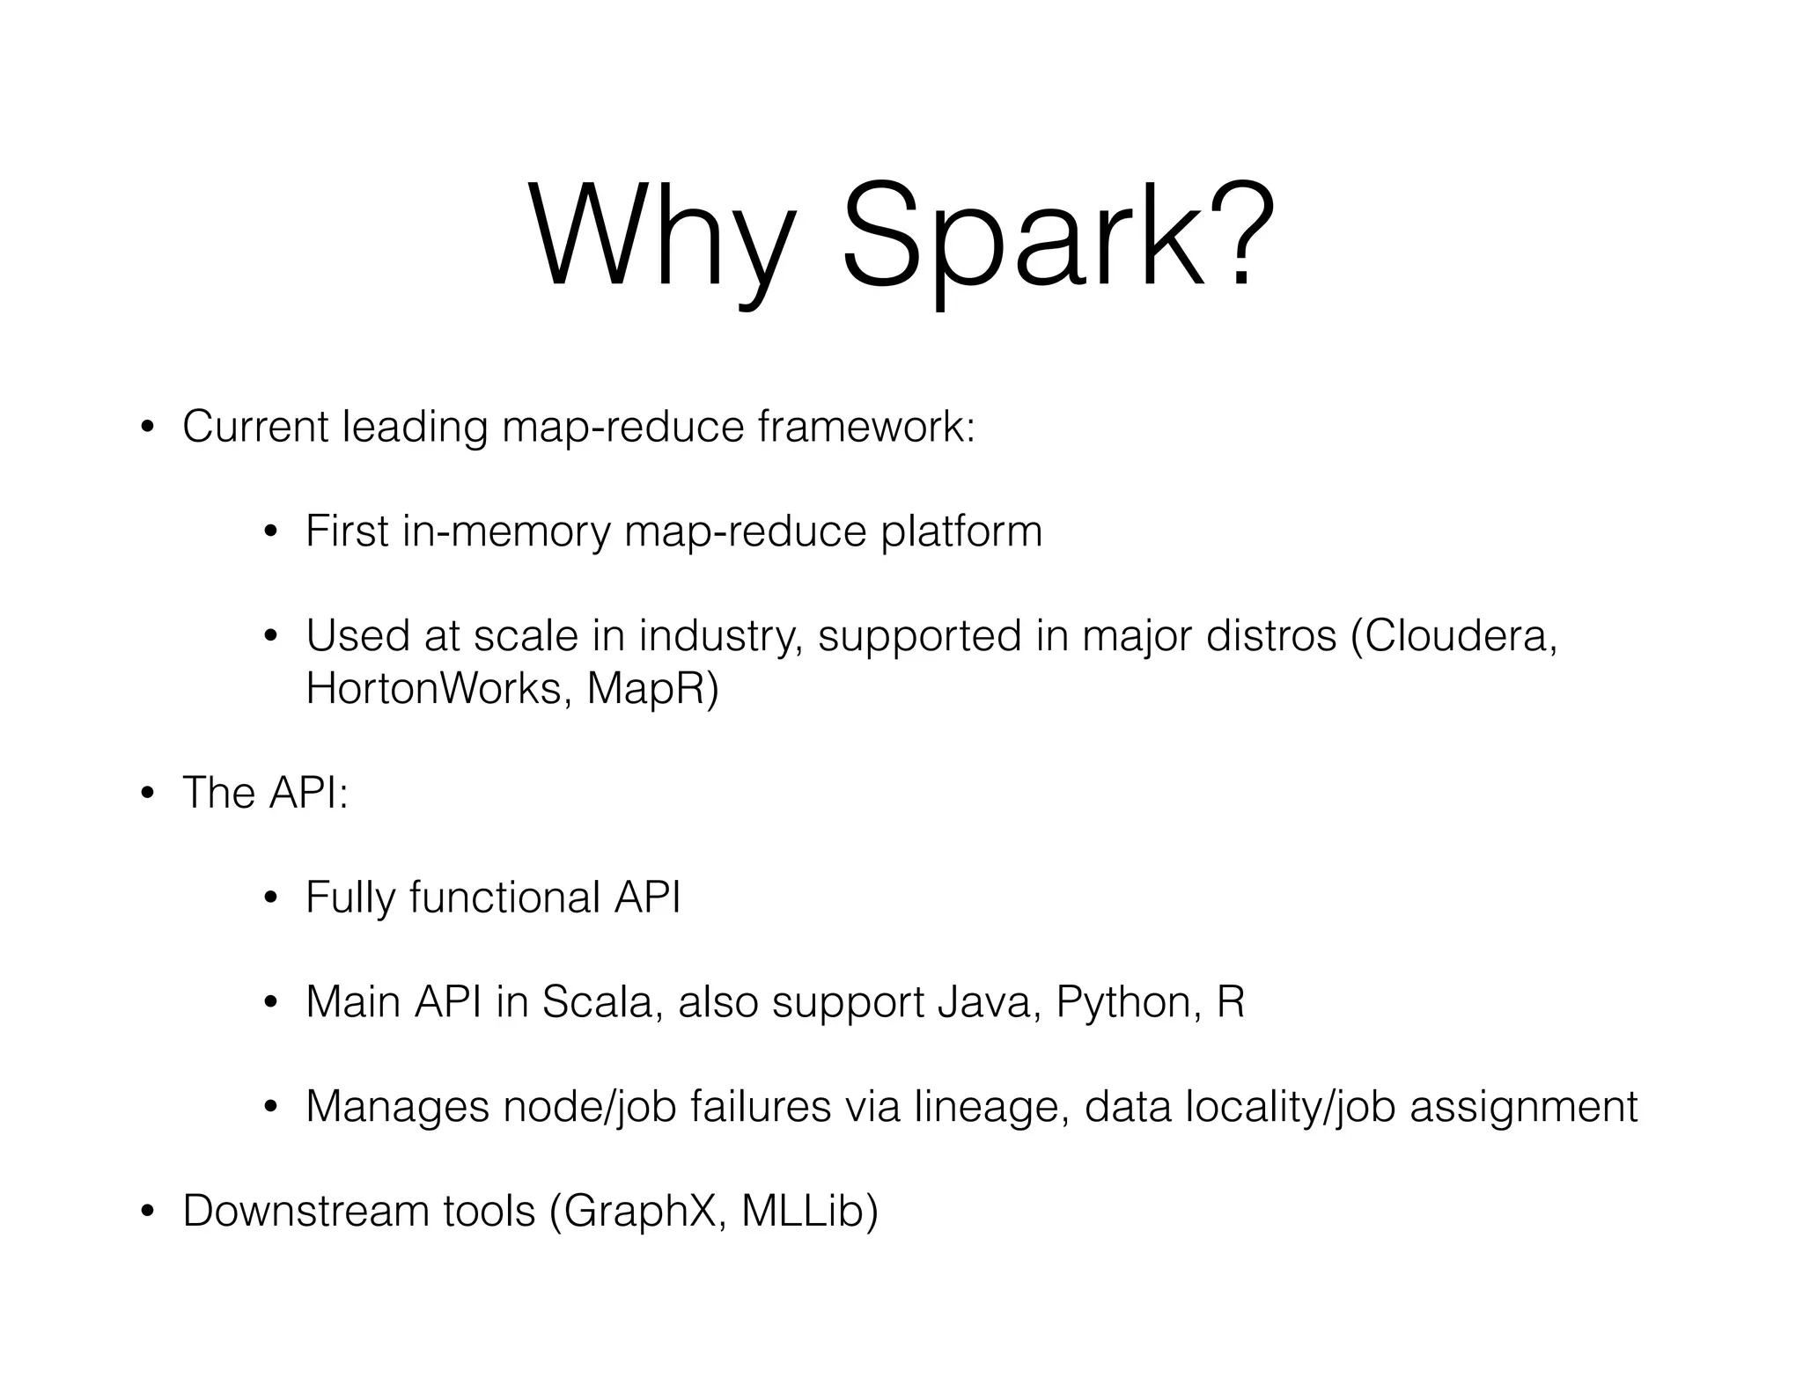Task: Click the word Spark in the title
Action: pyautogui.click(x=1022, y=238)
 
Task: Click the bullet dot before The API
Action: pyautogui.click(x=147, y=795)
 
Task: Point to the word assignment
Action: pyautogui.click(x=1523, y=1107)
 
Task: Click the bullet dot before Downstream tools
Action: pyautogui.click(x=147, y=1213)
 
